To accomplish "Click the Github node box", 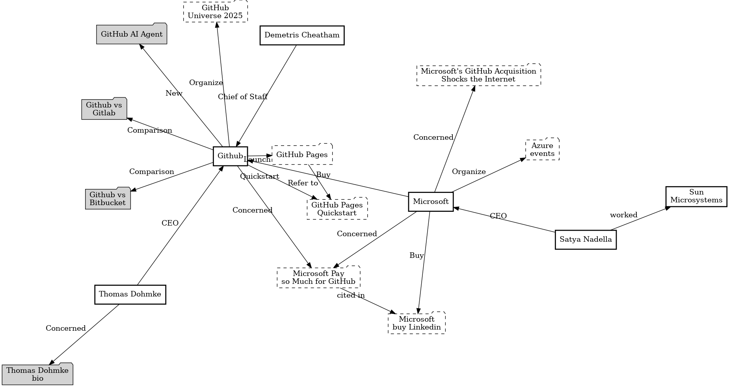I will (x=230, y=156).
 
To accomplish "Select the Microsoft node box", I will (x=431, y=202).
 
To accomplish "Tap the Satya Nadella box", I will (x=586, y=239).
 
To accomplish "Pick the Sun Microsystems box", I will (x=696, y=196).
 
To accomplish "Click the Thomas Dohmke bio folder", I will (x=37, y=374).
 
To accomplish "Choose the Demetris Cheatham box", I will (x=302, y=35).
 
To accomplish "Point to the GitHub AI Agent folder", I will (x=132, y=34).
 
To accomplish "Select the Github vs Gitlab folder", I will (x=104, y=109).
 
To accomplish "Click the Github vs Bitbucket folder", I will (x=108, y=199).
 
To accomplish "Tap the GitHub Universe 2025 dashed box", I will (x=215, y=12).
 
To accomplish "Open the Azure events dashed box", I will (x=542, y=150).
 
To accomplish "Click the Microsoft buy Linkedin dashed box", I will (x=417, y=323).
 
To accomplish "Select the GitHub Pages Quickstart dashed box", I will (x=337, y=209).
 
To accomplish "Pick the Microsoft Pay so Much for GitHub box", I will (x=318, y=278).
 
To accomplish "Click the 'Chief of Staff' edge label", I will (x=243, y=97).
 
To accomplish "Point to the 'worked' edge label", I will (x=623, y=215).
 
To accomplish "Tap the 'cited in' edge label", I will (x=351, y=295).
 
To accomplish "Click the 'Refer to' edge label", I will (x=303, y=183).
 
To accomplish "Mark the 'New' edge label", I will (x=174, y=93).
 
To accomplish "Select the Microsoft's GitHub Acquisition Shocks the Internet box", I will (x=478, y=75).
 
